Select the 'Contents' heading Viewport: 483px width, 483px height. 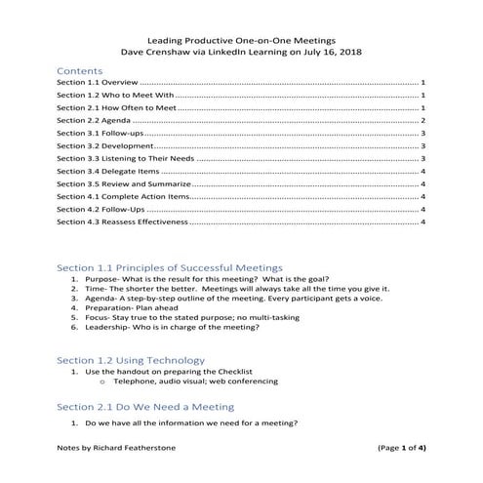pos(80,71)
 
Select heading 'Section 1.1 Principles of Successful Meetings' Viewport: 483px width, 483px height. pos(170,266)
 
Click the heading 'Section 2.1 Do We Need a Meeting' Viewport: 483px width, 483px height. pos(145,406)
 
